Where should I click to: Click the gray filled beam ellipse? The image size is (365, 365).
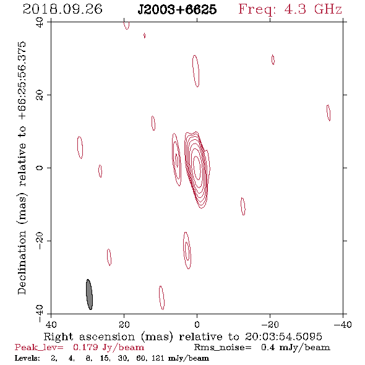[x=89, y=294]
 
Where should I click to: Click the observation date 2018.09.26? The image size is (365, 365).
[x=62, y=9]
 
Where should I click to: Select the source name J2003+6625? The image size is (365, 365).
[x=177, y=9]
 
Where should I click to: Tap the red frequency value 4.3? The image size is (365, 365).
[x=295, y=9]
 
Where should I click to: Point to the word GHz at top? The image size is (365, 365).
[x=328, y=9]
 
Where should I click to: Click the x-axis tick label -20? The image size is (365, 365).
[x=270, y=325]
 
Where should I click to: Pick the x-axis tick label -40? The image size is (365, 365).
[x=343, y=325]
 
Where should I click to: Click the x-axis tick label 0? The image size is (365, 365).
[x=197, y=325]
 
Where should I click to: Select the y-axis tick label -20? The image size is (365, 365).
[x=40, y=241]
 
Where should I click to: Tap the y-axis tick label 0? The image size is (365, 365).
[x=40, y=168]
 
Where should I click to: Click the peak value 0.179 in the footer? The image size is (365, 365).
[x=85, y=347]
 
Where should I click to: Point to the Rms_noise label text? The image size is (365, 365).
[x=223, y=348]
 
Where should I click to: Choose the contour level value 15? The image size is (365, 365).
[x=105, y=358]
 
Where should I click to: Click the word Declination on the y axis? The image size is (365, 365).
[x=22, y=262]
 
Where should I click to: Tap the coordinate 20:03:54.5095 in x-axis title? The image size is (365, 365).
[x=283, y=337]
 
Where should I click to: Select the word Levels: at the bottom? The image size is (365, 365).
[x=27, y=358]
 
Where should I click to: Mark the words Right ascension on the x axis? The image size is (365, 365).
[x=89, y=337]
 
